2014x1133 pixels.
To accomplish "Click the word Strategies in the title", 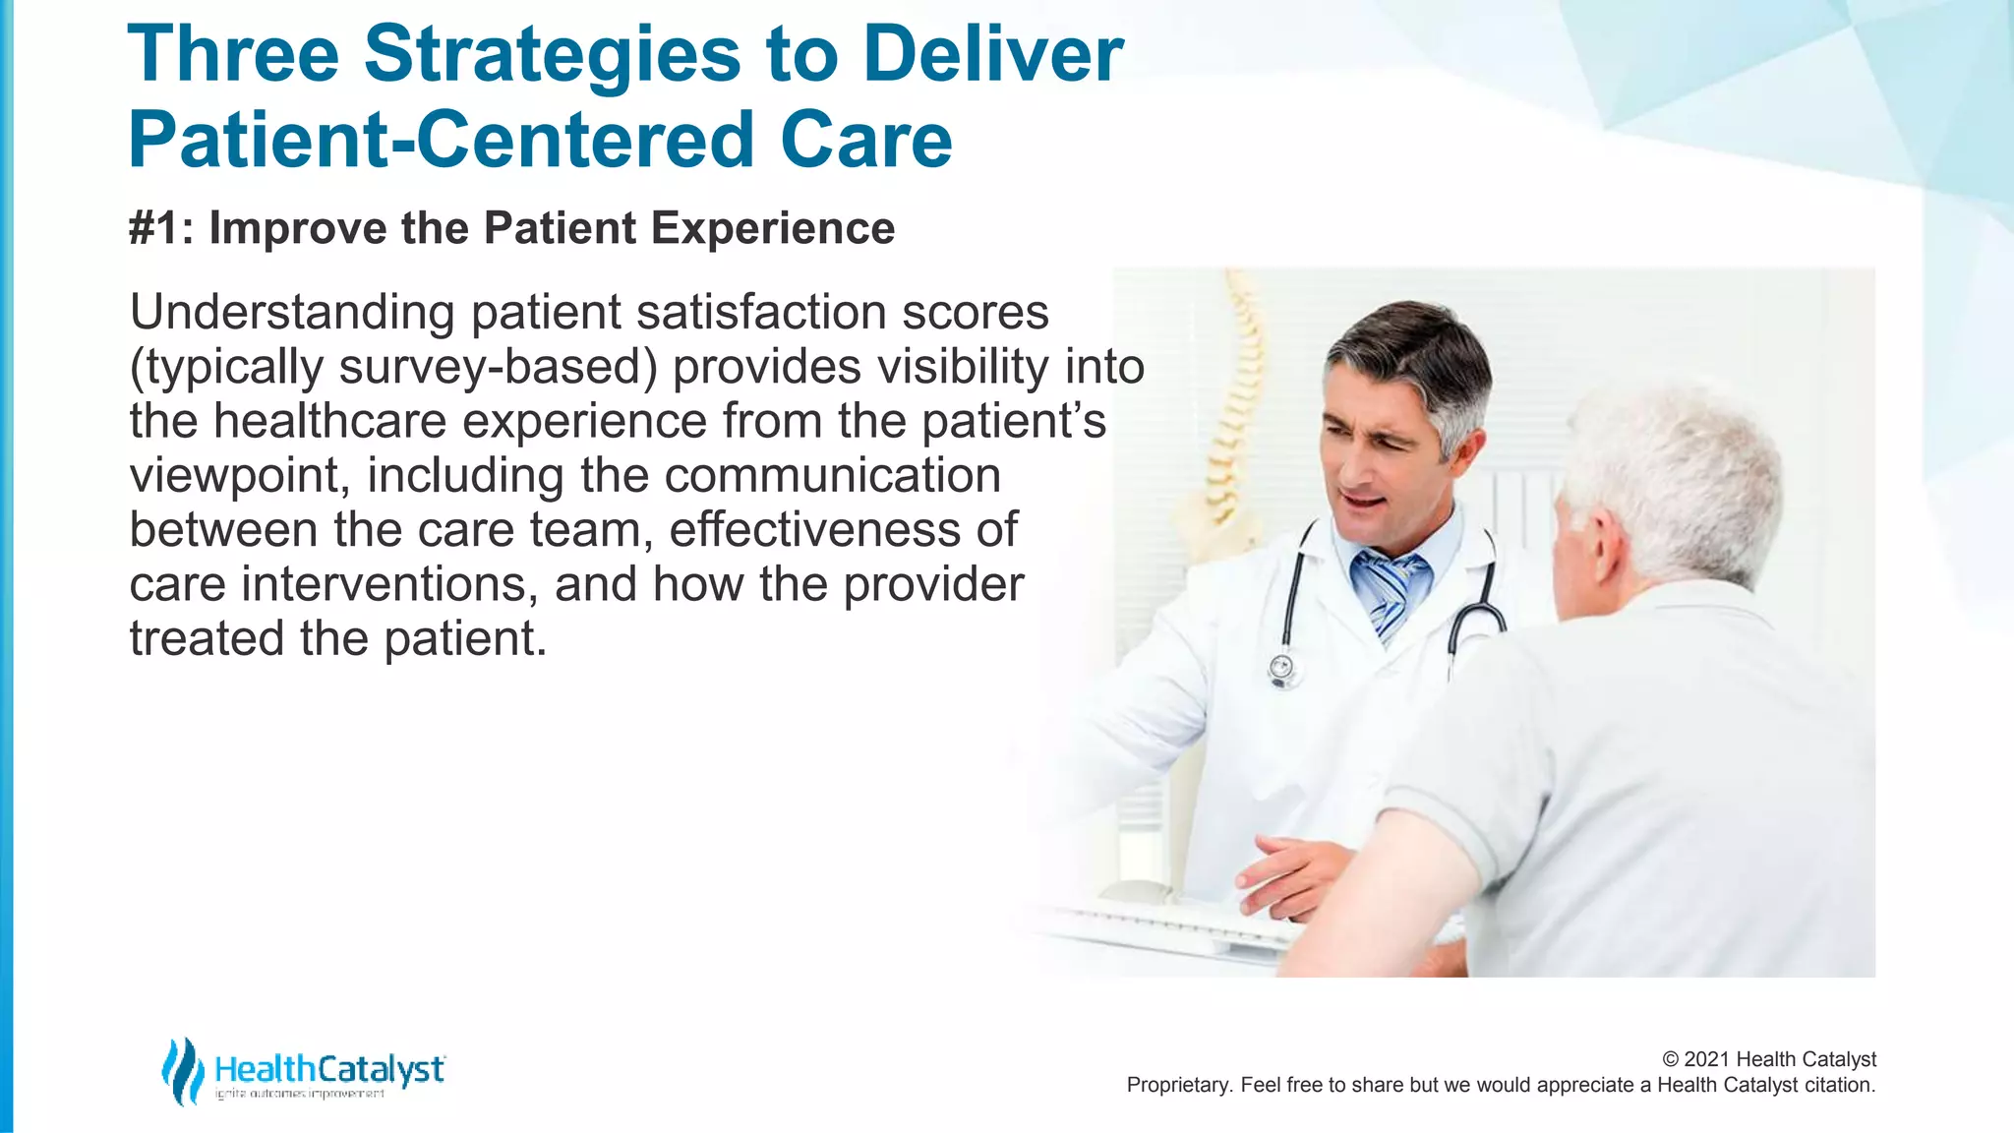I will [551, 55].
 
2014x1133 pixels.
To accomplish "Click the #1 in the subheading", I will [153, 228].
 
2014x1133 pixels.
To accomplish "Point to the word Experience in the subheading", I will [772, 228].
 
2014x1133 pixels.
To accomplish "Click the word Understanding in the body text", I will [291, 313].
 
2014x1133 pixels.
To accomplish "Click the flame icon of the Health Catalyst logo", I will [182, 1071].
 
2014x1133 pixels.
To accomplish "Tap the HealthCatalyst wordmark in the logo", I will [329, 1069].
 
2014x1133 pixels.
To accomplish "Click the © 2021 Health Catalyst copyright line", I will [1768, 1059].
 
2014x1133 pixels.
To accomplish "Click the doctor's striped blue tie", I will [1388, 590].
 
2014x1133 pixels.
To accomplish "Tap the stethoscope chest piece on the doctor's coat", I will [1282, 670].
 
